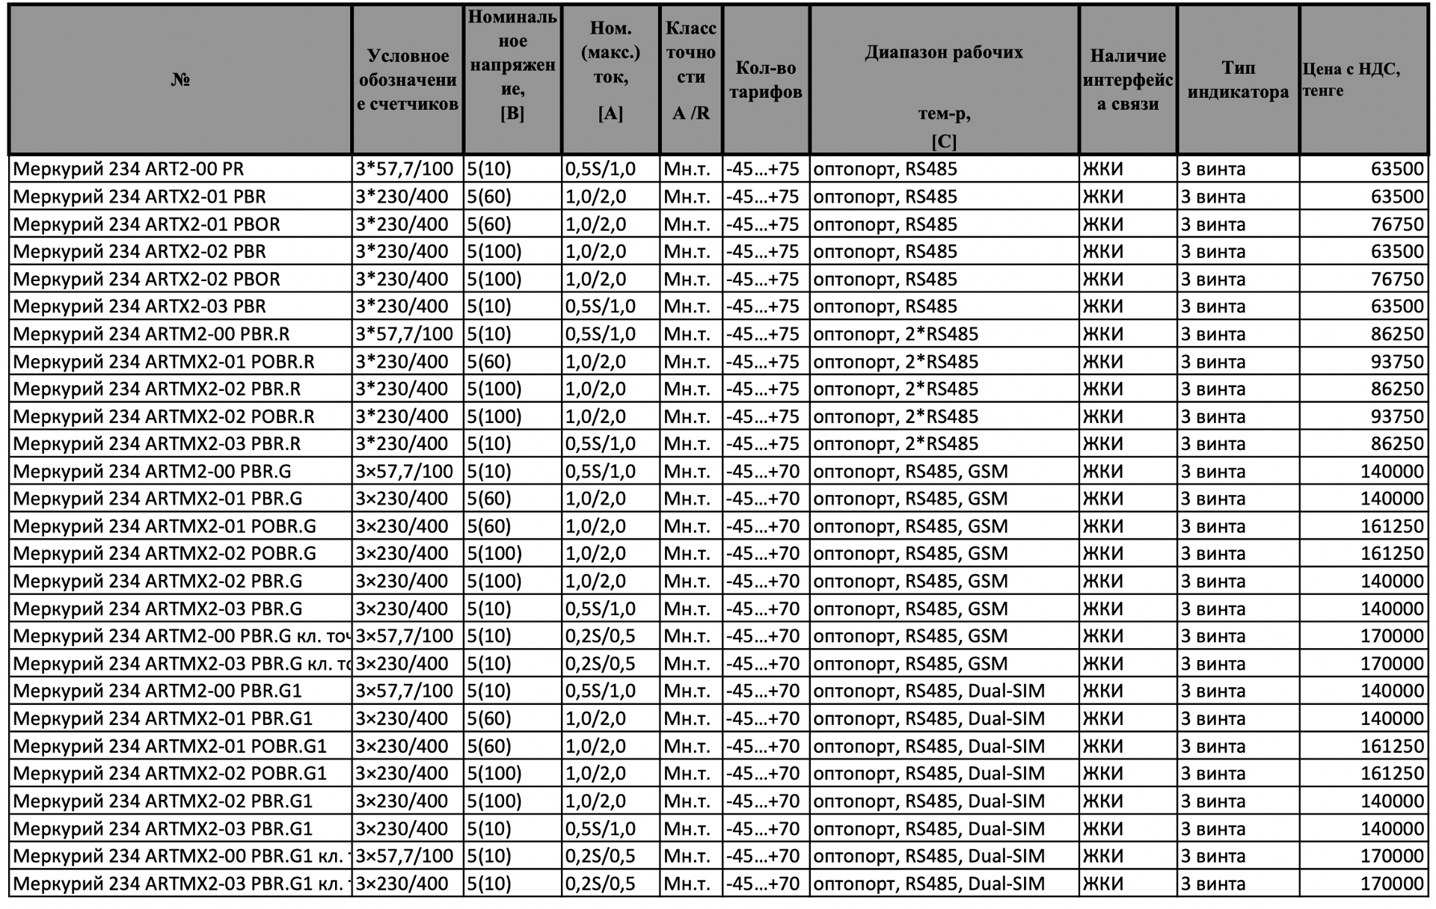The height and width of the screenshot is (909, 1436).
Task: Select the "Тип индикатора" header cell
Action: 1238,79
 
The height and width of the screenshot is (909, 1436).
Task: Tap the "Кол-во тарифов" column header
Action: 765,79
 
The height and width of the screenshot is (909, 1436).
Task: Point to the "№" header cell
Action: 179,79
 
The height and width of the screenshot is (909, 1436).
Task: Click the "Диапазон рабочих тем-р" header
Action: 943,79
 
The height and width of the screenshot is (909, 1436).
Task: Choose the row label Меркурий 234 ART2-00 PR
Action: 129,169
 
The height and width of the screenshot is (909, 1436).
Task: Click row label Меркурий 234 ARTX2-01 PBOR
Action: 147,224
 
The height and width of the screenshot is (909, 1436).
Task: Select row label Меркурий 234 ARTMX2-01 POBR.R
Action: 164,362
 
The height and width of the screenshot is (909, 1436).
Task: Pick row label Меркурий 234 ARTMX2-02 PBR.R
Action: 157,389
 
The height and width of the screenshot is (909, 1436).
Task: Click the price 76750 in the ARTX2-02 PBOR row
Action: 1396,279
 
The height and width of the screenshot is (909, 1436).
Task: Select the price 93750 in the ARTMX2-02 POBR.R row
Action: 1396,416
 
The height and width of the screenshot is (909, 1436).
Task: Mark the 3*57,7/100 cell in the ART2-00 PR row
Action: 405,169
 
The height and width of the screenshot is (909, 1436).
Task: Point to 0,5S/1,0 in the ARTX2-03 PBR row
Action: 600,306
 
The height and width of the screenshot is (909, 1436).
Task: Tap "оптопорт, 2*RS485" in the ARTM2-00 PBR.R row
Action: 895,334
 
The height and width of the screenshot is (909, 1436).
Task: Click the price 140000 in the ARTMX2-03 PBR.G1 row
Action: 1392,828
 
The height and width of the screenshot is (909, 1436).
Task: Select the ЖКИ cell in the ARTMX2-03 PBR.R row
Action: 1102,444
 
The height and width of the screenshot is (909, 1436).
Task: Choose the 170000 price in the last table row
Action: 1392,884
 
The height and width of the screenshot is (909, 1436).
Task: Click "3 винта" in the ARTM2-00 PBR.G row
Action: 1213,472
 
